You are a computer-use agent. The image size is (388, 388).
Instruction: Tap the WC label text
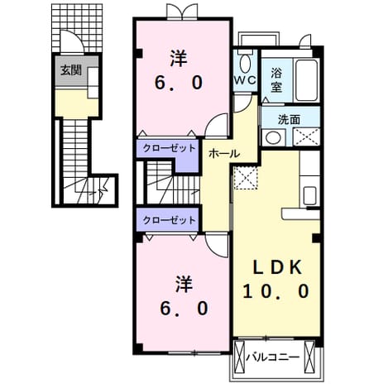[245, 80]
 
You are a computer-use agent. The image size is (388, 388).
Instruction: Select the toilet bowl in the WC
[245, 64]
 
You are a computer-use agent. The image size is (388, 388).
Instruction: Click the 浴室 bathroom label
[276, 79]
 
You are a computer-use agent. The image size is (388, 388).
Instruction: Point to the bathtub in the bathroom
[307, 80]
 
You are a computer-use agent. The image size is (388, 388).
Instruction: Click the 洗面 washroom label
[289, 120]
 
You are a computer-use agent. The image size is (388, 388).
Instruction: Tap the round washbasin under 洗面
[273, 137]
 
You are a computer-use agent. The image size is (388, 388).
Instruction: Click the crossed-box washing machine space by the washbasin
[306, 137]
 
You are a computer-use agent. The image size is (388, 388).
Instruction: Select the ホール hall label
[224, 154]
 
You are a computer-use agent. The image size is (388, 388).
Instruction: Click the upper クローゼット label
[169, 148]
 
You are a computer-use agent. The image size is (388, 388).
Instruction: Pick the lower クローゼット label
[169, 220]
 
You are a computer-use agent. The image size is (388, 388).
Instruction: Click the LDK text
[277, 267]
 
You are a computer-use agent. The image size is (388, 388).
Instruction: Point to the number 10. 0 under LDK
[276, 291]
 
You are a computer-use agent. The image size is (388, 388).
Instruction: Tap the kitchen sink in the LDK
[309, 195]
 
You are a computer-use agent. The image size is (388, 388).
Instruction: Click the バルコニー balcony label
[272, 357]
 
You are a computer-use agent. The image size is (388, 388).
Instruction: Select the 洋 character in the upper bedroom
[179, 58]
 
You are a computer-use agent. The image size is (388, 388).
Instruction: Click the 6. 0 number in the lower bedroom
[184, 309]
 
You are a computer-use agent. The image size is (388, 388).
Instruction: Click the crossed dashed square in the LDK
[246, 178]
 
